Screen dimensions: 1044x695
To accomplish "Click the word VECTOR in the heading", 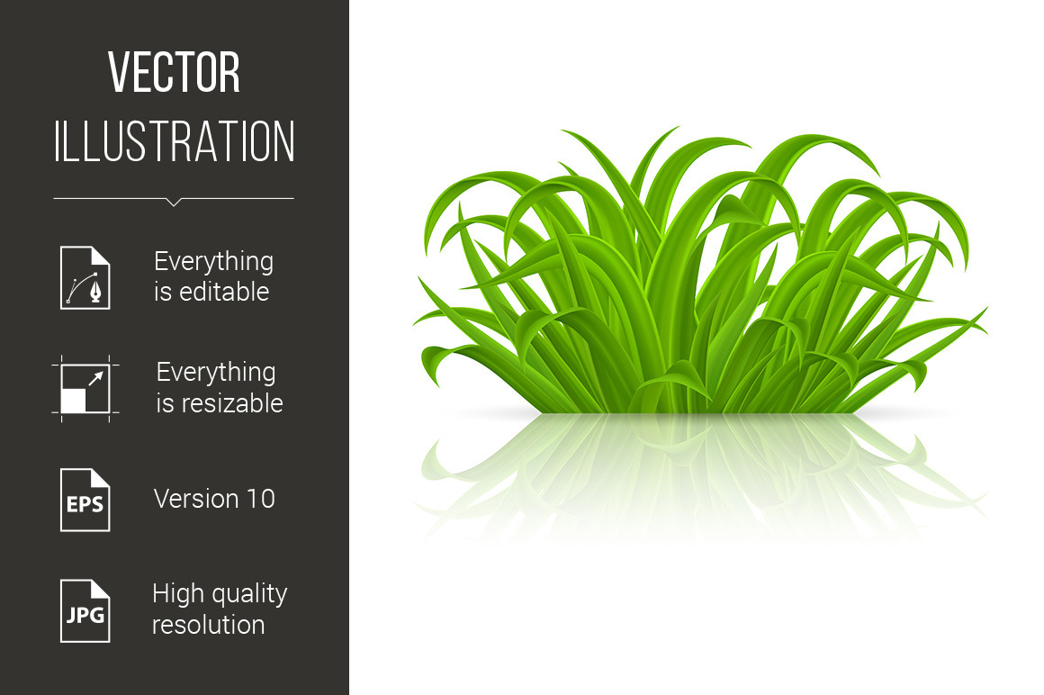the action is pyautogui.click(x=174, y=72).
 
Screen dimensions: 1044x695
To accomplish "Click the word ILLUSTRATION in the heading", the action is pyautogui.click(x=174, y=141).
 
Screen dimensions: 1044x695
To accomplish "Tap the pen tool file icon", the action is pyautogui.click(x=85, y=277).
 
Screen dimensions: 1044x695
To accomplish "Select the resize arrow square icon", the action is pyautogui.click(x=85, y=389).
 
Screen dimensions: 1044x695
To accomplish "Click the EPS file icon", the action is pyautogui.click(x=85, y=500).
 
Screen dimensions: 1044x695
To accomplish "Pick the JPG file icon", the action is pyautogui.click(x=85, y=611).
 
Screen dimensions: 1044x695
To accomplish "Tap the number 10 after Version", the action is pyautogui.click(x=261, y=499).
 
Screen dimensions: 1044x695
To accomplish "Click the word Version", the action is pyautogui.click(x=196, y=499).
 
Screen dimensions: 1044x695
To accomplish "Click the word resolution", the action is pyautogui.click(x=209, y=625).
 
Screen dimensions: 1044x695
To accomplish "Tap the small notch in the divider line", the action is pyautogui.click(x=174, y=203).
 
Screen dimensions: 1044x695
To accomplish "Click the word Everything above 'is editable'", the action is pyautogui.click(x=213, y=262).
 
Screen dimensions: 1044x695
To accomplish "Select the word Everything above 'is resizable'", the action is pyautogui.click(x=216, y=373).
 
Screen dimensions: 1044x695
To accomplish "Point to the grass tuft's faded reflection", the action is pyautogui.click(x=699, y=473).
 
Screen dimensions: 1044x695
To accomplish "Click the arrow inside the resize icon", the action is pyautogui.click(x=96, y=378).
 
